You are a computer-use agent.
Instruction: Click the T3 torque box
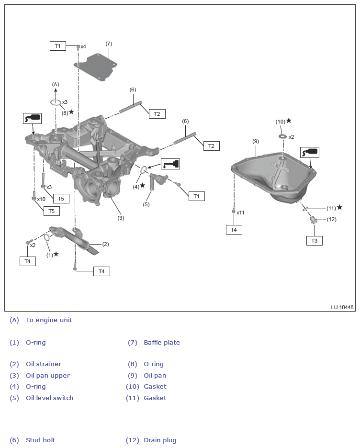314,241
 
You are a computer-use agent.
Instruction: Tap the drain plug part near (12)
314,220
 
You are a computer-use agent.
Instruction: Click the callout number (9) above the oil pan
256,141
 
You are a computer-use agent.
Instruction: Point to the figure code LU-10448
342,307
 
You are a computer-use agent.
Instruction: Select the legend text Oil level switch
50,398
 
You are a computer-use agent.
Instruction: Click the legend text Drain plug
160,440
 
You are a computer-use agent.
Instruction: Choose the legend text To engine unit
49,320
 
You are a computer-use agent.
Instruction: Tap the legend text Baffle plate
162,342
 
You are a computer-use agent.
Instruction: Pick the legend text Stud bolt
41,440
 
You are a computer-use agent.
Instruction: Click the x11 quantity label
240,213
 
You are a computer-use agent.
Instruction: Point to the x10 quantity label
41,199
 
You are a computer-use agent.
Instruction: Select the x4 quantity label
83,46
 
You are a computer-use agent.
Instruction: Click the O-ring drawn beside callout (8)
56,102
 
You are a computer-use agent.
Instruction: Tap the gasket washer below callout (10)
283,137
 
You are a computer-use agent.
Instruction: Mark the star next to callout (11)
339,207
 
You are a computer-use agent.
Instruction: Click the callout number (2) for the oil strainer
105,244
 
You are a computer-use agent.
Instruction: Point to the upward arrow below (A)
56,92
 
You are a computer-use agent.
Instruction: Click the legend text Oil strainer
44,364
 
